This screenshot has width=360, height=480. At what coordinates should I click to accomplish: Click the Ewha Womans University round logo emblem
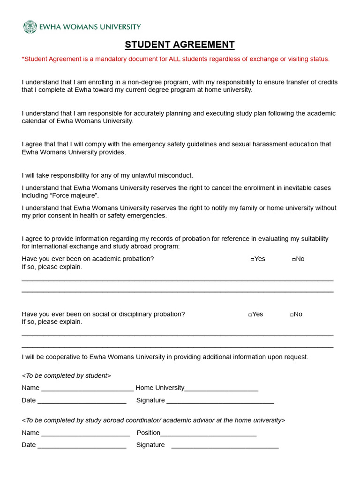(30, 27)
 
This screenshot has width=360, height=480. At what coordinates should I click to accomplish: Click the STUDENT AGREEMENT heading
(180, 45)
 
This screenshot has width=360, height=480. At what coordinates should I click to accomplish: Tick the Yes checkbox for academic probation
(253, 259)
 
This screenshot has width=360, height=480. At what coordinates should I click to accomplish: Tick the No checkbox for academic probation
(294, 259)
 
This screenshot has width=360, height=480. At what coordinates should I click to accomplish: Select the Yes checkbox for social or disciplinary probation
(250, 315)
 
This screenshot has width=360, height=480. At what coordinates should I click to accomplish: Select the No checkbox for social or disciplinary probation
(292, 315)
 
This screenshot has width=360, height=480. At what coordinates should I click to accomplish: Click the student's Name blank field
(87, 389)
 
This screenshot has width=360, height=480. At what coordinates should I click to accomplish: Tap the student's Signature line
(220, 401)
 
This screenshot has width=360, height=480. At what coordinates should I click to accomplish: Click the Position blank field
(208, 434)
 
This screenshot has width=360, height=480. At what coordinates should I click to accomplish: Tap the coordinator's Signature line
(225, 446)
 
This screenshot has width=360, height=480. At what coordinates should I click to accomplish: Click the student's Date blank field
(82, 401)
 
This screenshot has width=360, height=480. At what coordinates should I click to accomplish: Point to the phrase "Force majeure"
(78, 195)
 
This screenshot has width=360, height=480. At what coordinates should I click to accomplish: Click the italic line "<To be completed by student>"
(67, 375)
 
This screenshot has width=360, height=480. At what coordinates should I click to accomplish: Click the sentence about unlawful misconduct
(107, 175)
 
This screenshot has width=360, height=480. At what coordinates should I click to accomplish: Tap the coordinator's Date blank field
(82, 446)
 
